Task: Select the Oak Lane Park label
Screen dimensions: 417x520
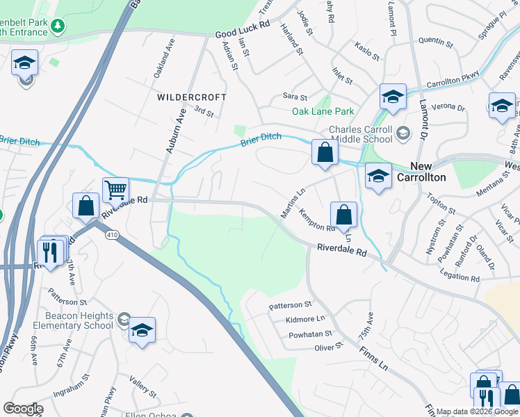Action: coord(323,111)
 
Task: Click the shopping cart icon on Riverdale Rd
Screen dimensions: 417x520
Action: coord(115,189)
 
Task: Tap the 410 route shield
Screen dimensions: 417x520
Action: coord(112,236)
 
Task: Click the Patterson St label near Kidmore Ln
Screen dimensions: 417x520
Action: coord(291,305)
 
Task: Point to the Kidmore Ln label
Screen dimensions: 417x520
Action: coord(305,320)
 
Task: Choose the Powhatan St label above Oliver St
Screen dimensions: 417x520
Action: coord(310,334)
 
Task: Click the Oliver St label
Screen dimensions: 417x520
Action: coord(329,347)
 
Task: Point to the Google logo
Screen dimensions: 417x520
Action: coord(23,409)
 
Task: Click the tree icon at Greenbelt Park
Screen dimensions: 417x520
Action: coord(58,26)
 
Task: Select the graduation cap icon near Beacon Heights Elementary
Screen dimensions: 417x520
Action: coord(142,330)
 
